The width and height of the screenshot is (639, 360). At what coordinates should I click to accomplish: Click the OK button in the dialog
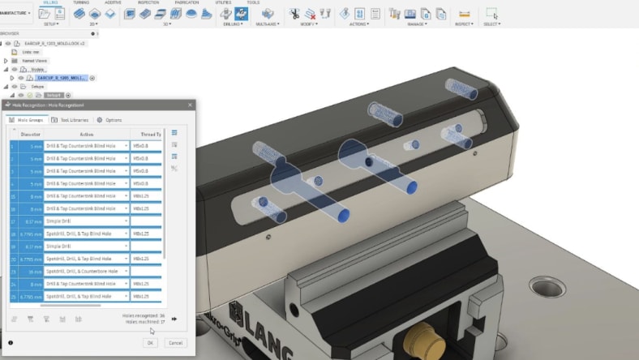coord(151,343)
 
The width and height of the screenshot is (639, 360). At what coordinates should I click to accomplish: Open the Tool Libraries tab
coord(70,120)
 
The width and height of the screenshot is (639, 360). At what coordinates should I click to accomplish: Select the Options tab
coord(109,120)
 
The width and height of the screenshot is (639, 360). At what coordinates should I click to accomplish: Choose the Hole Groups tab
coord(28,120)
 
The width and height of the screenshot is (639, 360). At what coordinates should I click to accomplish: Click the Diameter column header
coord(30,135)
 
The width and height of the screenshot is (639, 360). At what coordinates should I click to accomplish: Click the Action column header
coord(87,135)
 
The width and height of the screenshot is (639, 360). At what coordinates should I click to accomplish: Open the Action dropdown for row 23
coord(126,270)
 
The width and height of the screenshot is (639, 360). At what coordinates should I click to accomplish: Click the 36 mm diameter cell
coord(32,270)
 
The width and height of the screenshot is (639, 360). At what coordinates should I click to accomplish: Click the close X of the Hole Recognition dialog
coord(190,105)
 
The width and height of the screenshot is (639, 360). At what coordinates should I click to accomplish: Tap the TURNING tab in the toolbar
coord(81,3)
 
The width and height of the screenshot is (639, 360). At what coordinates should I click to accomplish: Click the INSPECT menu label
coord(464,24)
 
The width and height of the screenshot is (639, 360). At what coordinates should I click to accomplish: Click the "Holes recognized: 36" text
coord(144,315)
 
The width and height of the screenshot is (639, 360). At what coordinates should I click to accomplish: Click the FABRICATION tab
coord(187,3)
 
